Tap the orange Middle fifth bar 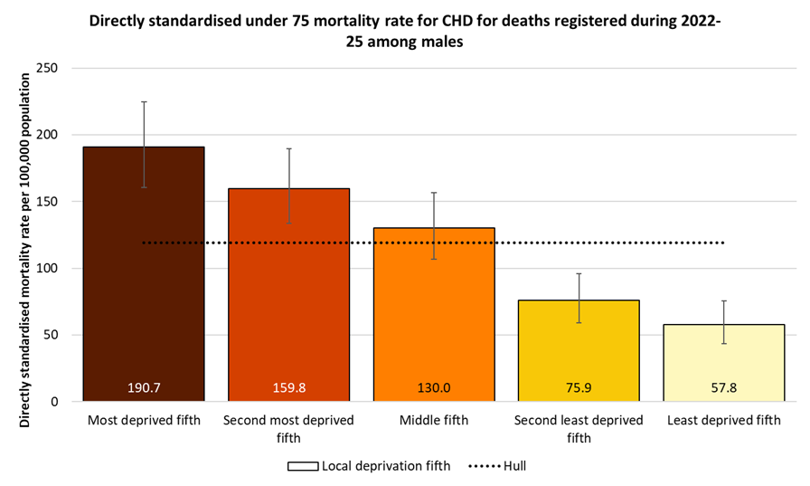pos(434,308)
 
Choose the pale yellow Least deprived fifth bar pos(723,357)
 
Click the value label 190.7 pos(144,387)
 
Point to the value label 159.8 pos(288,387)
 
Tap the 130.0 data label pos(434,387)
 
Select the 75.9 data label pos(579,387)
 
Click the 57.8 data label pos(723,387)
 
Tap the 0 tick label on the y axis pos(54,402)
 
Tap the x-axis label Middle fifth pos(434,421)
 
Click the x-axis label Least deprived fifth pos(723,421)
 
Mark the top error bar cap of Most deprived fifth pos(144,102)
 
